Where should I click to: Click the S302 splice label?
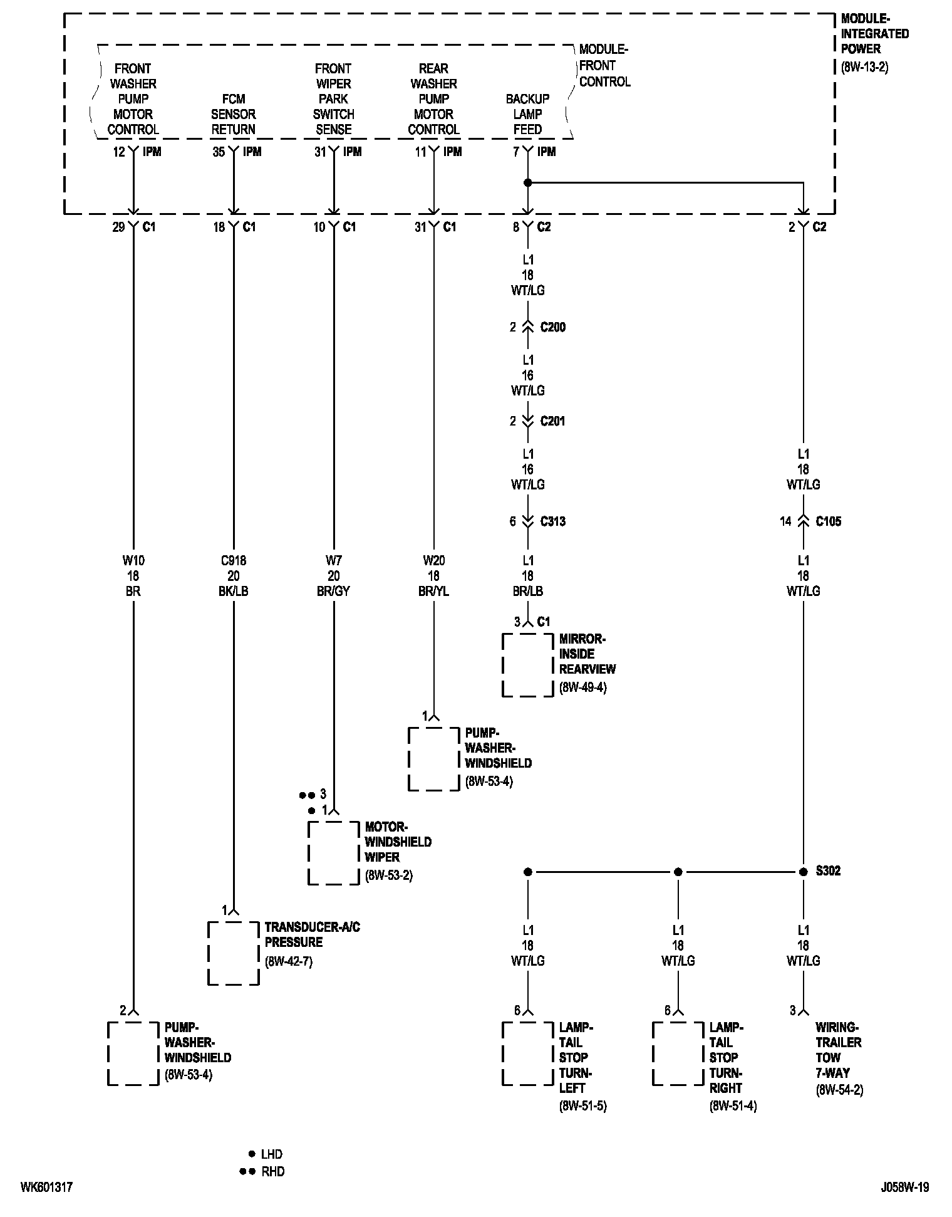tap(828, 870)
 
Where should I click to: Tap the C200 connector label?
tap(552, 327)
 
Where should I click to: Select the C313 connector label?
tap(552, 521)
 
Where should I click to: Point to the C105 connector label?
tap(828, 521)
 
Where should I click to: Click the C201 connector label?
tap(552, 421)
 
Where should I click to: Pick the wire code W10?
tap(133, 560)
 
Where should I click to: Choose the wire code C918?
tap(233, 560)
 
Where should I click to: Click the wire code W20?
tap(433, 560)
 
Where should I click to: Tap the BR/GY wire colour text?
tap(333, 591)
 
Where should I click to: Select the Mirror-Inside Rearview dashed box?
tap(527, 665)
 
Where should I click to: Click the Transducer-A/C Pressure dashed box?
tap(233, 953)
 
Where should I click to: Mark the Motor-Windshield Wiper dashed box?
tap(333, 852)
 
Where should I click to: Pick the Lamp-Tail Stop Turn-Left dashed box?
tap(527, 1053)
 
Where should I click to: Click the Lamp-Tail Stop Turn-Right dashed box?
tap(678, 1053)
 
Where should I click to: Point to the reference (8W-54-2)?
tap(839, 1090)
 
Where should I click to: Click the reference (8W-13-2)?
tap(864, 67)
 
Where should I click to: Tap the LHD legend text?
tap(272, 1154)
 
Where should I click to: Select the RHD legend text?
tap(272, 1171)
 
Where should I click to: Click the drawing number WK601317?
tap(46, 1187)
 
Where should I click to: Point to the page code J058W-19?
tap(904, 1187)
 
